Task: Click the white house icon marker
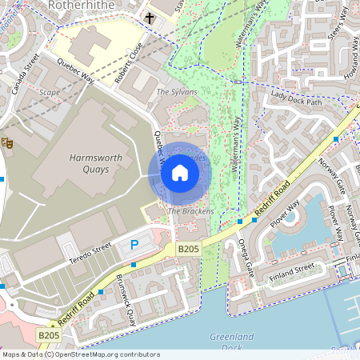tap(180, 173)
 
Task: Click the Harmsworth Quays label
tap(96, 164)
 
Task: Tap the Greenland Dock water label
tap(232, 342)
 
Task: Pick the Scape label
tap(50, 92)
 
